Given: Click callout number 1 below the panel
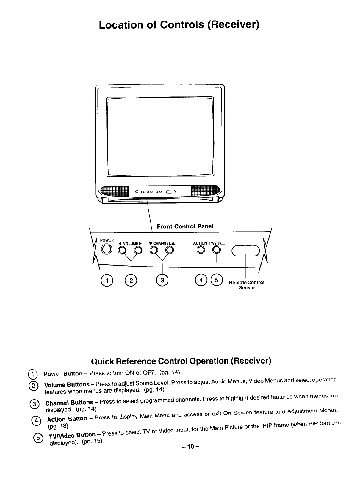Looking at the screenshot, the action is point(107,280).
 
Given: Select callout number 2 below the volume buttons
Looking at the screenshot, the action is point(131,280).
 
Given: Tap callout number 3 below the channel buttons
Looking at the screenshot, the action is point(162,280).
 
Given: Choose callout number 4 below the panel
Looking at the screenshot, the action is point(201,280).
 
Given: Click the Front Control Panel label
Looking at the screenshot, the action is point(185,226).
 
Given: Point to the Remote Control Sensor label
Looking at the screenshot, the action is point(247,285).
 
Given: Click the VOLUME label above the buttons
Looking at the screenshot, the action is point(130,243).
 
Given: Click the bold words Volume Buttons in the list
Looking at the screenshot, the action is point(67,385).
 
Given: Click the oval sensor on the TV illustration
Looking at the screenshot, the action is point(172,191).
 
